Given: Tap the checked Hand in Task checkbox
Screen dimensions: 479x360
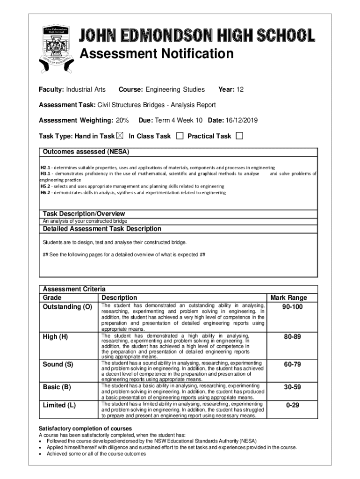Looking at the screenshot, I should [x=120, y=136].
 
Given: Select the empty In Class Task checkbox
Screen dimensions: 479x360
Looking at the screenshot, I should [x=180, y=136].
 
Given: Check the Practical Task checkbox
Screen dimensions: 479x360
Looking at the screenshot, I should [x=239, y=136].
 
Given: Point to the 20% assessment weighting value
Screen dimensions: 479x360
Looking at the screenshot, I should [x=122, y=121].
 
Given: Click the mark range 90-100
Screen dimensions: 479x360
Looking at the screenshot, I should [x=292, y=307].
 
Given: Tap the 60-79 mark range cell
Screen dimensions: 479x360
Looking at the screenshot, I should [x=292, y=364].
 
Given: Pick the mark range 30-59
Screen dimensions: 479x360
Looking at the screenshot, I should [x=292, y=387].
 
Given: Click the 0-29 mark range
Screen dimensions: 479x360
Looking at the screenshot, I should [x=292, y=405].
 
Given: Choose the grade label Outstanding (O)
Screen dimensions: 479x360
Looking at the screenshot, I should [x=67, y=307].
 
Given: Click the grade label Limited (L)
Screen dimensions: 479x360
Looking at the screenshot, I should [x=59, y=405].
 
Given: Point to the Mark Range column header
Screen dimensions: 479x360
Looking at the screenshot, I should [x=288, y=298].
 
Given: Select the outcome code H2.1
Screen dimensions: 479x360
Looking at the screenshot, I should [x=45, y=167].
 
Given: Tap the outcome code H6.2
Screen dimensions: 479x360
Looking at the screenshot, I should [x=45, y=192].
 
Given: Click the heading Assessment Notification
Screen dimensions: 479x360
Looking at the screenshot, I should [x=157, y=54].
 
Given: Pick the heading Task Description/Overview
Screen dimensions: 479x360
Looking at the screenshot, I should [x=84, y=214].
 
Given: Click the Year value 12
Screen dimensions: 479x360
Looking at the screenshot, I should [x=240, y=89].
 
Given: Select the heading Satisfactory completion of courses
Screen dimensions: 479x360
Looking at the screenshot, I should [x=85, y=428].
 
